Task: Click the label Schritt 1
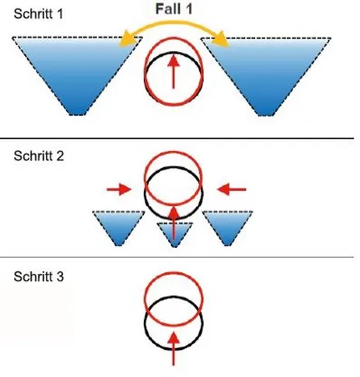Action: [38, 14]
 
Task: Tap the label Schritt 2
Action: [39, 156]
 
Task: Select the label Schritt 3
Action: [39, 277]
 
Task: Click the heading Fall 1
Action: [174, 9]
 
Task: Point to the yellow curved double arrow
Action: [173, 23]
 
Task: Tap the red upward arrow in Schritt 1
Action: [173, 72]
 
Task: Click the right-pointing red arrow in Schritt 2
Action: [119, 190]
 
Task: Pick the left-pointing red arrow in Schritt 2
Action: [232, 190]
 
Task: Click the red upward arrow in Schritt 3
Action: [173, 349]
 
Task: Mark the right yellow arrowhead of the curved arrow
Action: [221, 40]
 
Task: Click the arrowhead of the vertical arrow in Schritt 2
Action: [174, 212]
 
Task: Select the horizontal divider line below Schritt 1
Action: [177, 138]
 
